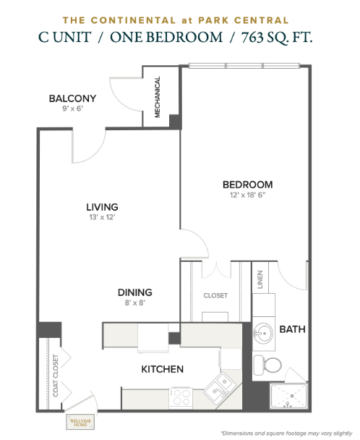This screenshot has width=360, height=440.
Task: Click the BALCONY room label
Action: tap(72, 98)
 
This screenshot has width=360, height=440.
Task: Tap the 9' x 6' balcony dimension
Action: tap(72, 109)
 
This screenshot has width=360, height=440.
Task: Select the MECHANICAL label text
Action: tap(158, 97)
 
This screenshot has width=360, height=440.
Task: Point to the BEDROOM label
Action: tap(247, 185)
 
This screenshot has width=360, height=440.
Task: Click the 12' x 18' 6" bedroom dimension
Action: tap(247, 195)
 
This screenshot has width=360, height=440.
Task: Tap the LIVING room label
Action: tap(102, 207)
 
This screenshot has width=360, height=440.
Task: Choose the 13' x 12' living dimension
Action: tap(103, 217)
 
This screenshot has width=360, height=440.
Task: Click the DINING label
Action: tap(135, 292)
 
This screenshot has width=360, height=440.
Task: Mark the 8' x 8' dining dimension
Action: tap(135, 302)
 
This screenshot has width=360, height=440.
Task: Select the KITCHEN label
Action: tap(163, 369)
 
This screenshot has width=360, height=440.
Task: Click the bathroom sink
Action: tap(263, 333)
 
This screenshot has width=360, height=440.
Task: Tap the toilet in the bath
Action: tap(267, 365)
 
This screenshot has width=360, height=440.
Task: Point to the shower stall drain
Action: tap(292, 396)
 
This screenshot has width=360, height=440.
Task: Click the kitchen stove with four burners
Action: tap(181, 398)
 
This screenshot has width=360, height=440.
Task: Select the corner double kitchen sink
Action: tap(220, 386)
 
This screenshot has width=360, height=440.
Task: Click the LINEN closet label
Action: tap(260, 279)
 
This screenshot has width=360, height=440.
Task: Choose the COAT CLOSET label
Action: tap(56, 376)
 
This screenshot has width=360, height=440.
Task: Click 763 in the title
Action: tap(252, 38)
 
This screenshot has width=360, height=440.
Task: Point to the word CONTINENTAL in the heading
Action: tap(134, 20)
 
